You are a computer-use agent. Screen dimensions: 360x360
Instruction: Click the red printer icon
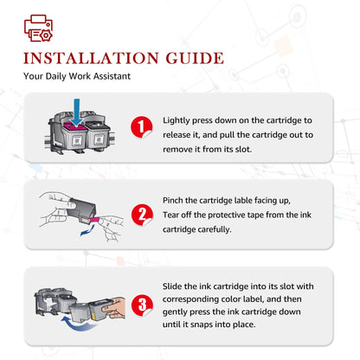pyautogui.click(x=38, y=28)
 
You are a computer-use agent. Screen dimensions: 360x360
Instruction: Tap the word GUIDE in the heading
pyautogui.click(x=195, y=58)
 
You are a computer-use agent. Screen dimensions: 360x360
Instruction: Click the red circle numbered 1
pyautogui.click(x=142, y=127)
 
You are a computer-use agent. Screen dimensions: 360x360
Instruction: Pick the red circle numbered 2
pyautogui.click(x=142, y=215)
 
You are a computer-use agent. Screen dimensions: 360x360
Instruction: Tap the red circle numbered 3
pyautogui.click(x=142, y=305)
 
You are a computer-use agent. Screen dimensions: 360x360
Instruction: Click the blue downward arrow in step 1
pyautogui.click(x=76, y=112)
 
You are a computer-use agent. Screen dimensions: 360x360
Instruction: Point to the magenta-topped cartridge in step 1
pyautogui.click(x=74, y=136)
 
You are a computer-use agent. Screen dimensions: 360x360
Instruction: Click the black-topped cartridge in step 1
pyautogui.click(x=99, y=137)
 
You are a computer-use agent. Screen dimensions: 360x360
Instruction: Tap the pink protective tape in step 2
pyautogui.click(x=94, y=220)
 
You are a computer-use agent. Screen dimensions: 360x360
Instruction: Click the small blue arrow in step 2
pyautogui.click(x=87, y=231)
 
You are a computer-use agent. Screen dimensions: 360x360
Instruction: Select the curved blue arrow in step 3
pyautogui.click(x=79, y=324)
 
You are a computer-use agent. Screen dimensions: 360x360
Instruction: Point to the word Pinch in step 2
pyautogui.click(x=172, y=200)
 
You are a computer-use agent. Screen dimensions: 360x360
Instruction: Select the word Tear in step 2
pyautogui.click(x=171, y=215)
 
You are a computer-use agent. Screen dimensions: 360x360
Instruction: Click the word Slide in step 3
pyautogui.click(x=172, y=286)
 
